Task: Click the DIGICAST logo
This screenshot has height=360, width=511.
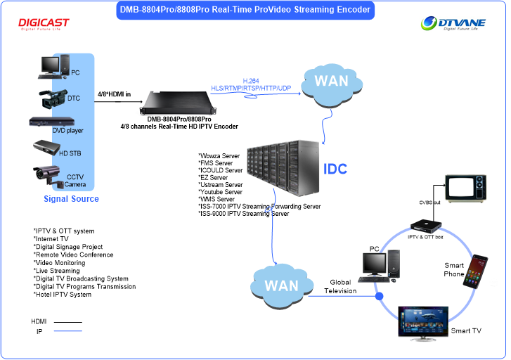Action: coord(44,25)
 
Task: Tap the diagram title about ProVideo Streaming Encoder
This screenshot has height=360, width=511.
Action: coord(244,10)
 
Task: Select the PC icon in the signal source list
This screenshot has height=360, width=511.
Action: coord(51,65)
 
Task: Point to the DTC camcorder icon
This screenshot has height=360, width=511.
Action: coord(51,98)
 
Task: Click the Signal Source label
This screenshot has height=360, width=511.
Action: coord(71,199)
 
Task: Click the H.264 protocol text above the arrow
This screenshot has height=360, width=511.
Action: coord(251,81)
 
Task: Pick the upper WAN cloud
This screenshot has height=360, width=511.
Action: coord(331,82)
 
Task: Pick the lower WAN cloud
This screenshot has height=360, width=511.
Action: coord(281,286)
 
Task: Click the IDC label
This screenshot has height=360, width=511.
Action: coord(335,169)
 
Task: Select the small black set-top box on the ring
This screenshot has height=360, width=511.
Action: coord(426,225)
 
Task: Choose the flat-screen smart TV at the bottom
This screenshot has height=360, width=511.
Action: coord(423,322)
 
